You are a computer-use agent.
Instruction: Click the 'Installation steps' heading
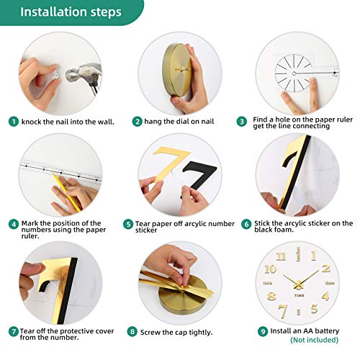coord(71,12)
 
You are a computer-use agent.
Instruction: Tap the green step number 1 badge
coord(14,121)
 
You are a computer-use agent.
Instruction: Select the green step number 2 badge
coord(136,121)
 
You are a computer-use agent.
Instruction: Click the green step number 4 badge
coord(14,224)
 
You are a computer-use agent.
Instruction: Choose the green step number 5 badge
coord(128,224)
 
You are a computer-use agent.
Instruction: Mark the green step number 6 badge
coord(246,223)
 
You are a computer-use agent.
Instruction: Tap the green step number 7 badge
coord(14,332)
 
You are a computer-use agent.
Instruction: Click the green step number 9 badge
coord(262,331)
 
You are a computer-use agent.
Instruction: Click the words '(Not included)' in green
coord(315,340)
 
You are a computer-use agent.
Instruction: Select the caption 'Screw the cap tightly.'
coord(174,332)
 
